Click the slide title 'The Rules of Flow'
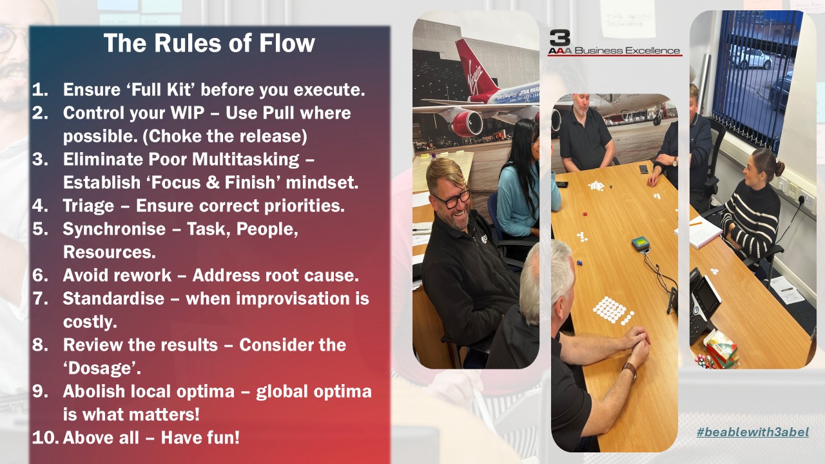point(209,43)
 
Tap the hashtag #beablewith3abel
point(753,432)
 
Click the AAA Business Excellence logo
point(614,43)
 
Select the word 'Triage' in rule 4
point(88,206)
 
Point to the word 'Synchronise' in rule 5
point(114,229)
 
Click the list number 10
point(45,438)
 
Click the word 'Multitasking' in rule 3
point(246,160)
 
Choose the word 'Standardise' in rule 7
point(113,298)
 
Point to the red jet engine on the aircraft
point(467,123)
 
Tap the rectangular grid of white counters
point(612,310)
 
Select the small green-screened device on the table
point(641,244)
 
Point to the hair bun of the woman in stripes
point(780,168)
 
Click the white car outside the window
point(752,58)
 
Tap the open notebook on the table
point(699,233)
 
